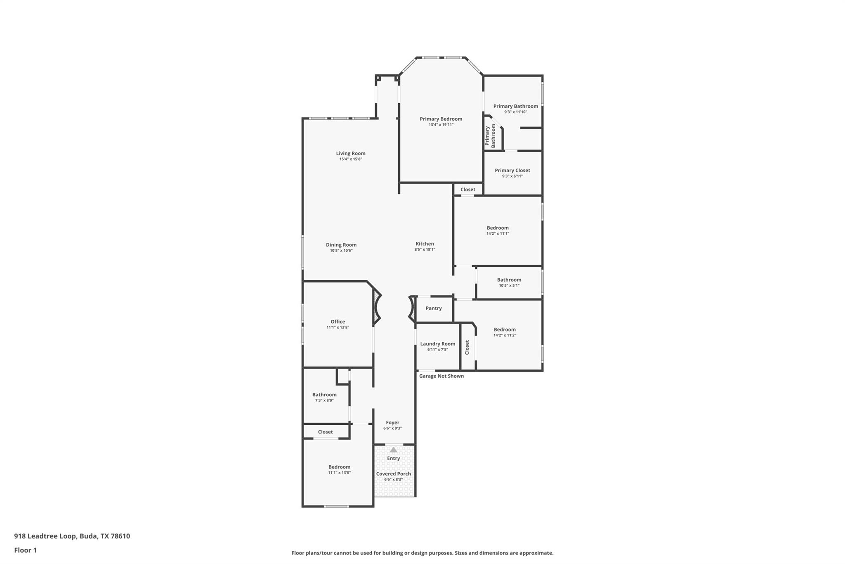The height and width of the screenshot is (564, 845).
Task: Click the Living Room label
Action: point(350,153)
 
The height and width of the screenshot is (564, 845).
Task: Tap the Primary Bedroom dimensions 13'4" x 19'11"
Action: point(441,124)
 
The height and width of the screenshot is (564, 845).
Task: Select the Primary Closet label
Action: point(512,170)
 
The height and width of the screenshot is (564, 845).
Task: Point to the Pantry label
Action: point(433,308)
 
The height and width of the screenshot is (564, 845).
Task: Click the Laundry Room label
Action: point(437,344)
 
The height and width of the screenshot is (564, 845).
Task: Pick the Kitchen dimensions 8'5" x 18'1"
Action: point(425,250)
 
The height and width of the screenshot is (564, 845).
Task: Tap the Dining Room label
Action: point(341,245)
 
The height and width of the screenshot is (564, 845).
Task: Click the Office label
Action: point(338,321)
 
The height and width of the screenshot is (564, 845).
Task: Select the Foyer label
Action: point(392,423)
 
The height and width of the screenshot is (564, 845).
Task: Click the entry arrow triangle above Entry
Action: point(393,450)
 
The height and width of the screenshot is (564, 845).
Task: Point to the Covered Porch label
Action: point(393,474)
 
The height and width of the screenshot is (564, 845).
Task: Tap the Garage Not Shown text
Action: point(441,376)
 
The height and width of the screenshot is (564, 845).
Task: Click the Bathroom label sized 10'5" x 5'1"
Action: point(509,280)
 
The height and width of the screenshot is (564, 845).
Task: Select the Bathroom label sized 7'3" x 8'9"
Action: point(324,395)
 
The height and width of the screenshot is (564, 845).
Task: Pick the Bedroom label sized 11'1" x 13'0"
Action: point(339,467)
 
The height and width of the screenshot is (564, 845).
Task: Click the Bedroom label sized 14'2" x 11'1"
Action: point(497,228)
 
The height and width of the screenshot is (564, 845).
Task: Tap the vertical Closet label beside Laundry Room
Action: point(467,347)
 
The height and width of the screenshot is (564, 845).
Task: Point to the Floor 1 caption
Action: point(25,550)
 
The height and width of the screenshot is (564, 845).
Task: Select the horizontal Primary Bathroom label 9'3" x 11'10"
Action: point(515,106)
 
